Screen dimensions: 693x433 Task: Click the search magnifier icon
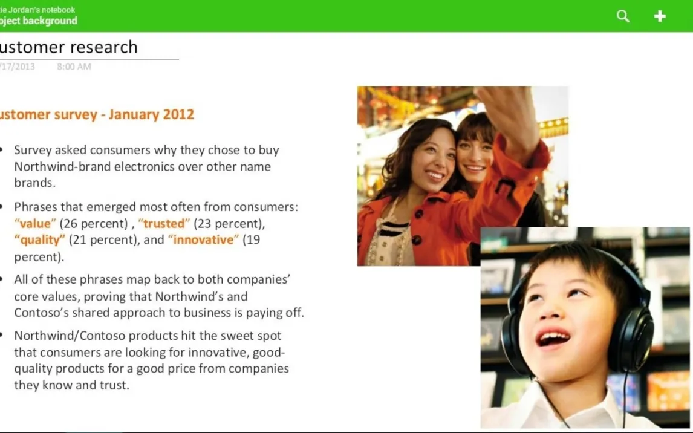point(623,16)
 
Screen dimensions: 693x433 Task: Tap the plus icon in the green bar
point(660,16)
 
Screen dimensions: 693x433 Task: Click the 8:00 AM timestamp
point(74,67)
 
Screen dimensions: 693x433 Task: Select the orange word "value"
point(35,224)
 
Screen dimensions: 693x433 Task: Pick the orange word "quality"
point(40,240)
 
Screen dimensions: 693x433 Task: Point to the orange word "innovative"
point(203,240)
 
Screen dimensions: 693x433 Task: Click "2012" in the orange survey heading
point(178,114)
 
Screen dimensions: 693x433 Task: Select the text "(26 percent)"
point(94,224)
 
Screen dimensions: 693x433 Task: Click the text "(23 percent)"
point(229,224)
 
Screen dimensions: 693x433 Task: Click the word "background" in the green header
point(50,21)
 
